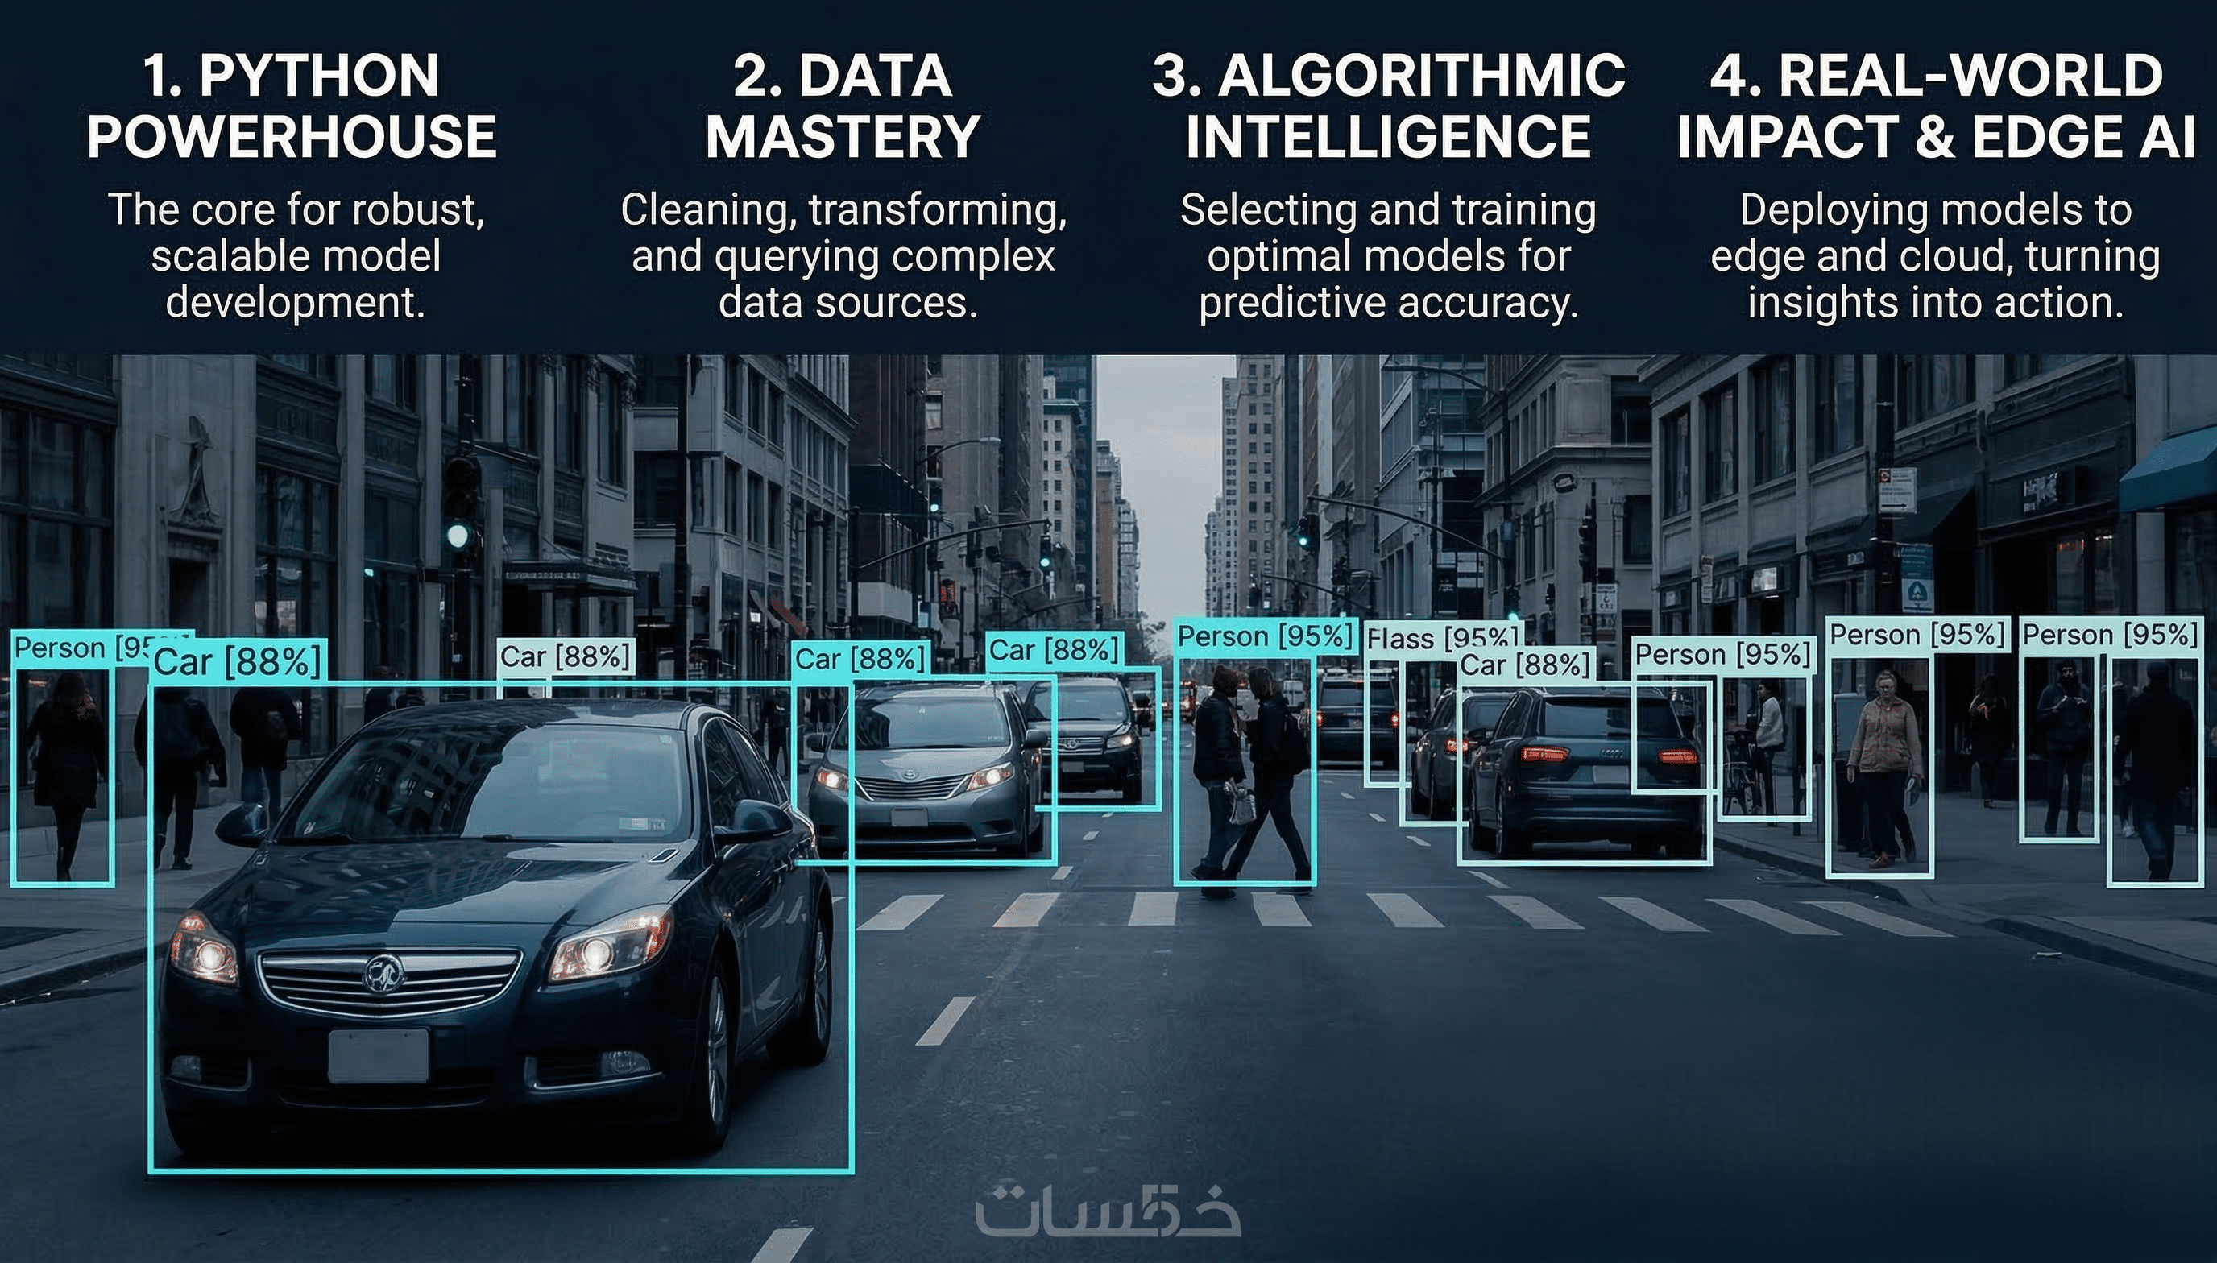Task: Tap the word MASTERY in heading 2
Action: (842, 137)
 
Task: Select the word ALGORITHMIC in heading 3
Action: (1422, 76)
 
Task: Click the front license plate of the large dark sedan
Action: (378, 1056)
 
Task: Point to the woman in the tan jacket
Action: (1882, 768)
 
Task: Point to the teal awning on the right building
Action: (2168, 472)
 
